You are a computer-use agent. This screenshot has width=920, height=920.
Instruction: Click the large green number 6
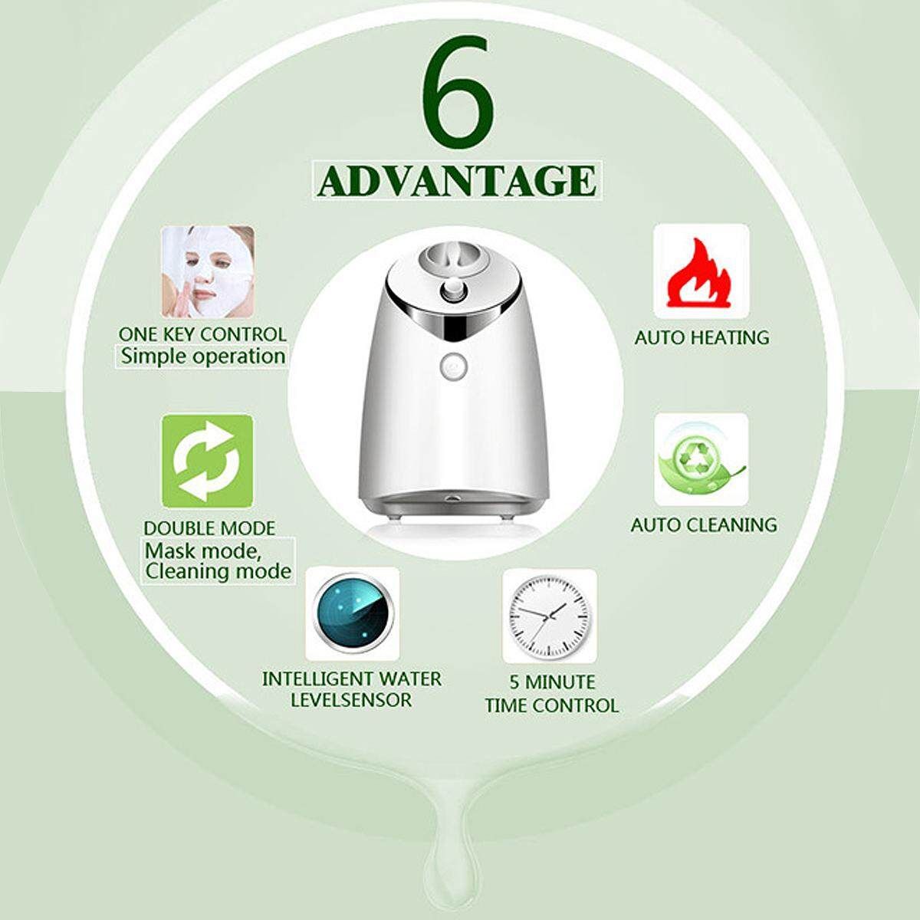pos(458,87)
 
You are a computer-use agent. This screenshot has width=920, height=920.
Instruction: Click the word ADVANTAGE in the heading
pos(457,180)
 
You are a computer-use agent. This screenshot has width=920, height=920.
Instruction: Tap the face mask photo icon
pos(209,271)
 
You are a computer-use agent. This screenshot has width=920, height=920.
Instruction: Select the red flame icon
pos(701,272)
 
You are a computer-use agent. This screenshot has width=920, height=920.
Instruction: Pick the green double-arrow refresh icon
pos(208,462)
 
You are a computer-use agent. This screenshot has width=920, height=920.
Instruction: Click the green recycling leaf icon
pos(701,459)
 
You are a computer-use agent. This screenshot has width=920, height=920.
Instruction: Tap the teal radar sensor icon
pos(353,614)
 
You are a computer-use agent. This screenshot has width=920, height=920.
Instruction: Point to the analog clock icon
pos(550,616)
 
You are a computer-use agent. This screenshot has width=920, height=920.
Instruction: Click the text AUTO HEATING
pos(701,337)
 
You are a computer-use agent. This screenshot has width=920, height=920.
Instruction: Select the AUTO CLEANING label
pos(704,525)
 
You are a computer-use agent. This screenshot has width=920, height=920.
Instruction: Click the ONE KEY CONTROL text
pos(202,334)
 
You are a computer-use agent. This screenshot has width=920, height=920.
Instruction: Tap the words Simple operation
pos(203,356)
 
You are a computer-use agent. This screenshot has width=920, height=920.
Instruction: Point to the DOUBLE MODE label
pos(209,528)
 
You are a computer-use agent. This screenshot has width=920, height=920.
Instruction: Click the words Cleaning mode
pos(219,571)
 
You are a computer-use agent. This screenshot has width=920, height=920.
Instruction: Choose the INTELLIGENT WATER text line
pos(352,679)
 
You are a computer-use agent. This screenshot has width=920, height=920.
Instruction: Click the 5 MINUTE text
pos(552,682)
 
